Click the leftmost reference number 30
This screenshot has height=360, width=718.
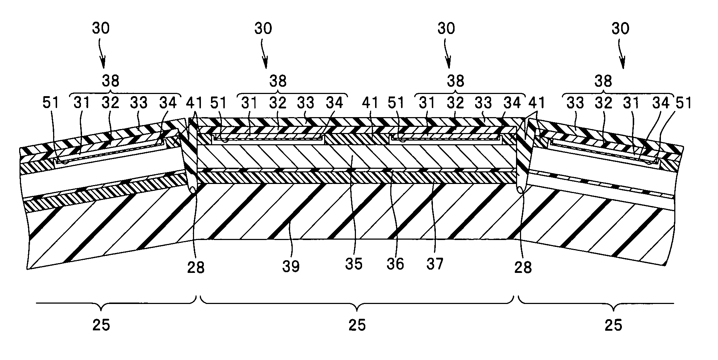coord(100,28)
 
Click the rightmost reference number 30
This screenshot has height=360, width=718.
coord(620,28)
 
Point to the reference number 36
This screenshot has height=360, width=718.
coord(395,264)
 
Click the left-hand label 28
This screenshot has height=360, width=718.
coord(195,267)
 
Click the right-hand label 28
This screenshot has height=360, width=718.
coord(523,267)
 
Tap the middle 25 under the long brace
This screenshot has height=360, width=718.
coord(357,325)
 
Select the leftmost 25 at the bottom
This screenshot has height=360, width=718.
coord(101,325)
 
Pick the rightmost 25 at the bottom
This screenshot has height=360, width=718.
coord(613,325)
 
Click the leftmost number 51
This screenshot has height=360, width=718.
coord(51,103)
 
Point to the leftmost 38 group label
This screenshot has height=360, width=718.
coord(110,81)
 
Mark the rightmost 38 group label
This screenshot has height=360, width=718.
coord(603,81)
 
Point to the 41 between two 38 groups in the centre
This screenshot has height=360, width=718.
coord(369,103)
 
